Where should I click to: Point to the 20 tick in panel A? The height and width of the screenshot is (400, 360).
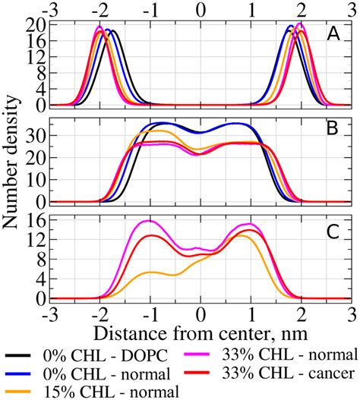pos(36,25)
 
